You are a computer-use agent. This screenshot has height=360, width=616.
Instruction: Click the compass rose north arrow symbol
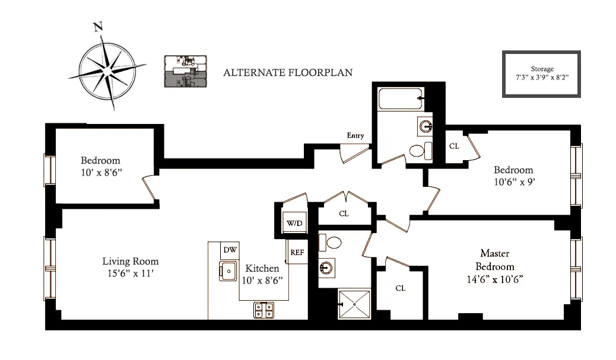tap(106, 71)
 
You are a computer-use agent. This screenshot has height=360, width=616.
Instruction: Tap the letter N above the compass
tap(98, 27)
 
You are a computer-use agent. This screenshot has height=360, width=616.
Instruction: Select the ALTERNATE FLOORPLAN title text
tap(288, 73)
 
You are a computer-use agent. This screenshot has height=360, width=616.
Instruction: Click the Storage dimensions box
tap(541, 74)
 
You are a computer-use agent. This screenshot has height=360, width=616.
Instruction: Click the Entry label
tap(355, 136)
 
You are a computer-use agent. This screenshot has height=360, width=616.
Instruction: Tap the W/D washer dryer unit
tap(294, 224)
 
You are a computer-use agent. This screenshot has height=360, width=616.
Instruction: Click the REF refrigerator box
tap(297, 253)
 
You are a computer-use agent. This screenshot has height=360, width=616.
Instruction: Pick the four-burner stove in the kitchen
tap(264, 309)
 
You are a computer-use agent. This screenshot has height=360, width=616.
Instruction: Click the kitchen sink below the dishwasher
tap(228, 271)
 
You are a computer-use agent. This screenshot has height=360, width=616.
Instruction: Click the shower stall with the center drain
tap(354, 304)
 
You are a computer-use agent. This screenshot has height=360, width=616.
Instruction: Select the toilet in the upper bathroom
tap(419, 151)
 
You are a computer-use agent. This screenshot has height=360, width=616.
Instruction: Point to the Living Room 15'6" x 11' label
tap(131, 267)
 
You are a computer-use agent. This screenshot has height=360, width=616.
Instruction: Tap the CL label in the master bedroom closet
tap(400, 288)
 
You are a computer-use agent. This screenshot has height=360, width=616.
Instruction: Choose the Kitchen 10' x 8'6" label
tap(262, 274)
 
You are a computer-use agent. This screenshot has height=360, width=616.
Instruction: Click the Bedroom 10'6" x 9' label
tap(513, 176)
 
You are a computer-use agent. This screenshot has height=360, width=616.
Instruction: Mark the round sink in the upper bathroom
tap(427, 125)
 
